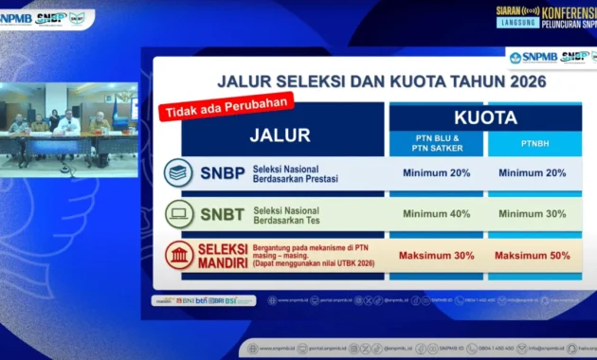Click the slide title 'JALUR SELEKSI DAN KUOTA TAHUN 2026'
pyautogui.click(x=381, y=81)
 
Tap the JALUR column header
pyautogui.click(x=280, y=135)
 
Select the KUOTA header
pyautogui.click(x=485, y=118)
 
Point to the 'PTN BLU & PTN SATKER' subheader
pyautogui.click(x=435, y=143)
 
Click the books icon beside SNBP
pyautogui.click(x=178, y=173)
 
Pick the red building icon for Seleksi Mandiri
pyautogui.click(x=178, y=255)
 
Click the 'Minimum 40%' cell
pyautogui.click(x=435, y=214)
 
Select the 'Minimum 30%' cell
pyautogui.click(x=532, y=214)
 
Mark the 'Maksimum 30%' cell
pyautogui.click(x=435, y=256)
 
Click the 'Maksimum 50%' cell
pyautogui.click(x=532, y=256)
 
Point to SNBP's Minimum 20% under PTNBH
pyautogui.click(x=532, y=173)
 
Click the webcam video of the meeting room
pyautogui.click(x=68, y=125)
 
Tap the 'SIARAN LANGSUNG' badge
pyautogui.click(x=515, y=16)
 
